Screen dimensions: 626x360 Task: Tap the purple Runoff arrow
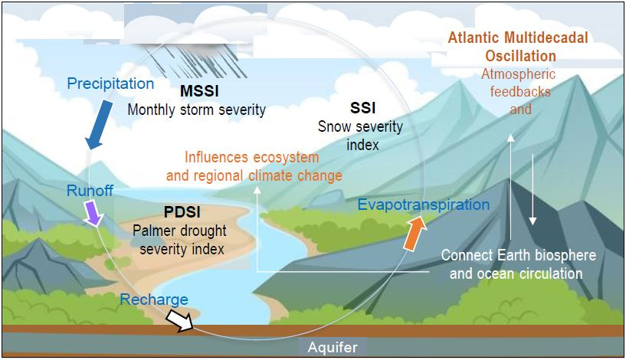pos(93,214)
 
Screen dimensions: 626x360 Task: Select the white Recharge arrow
pos(179,320)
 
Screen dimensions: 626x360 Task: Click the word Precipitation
pos(110,83)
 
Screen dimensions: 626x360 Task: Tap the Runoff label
pos(90,191)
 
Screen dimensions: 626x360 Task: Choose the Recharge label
pos(154,299)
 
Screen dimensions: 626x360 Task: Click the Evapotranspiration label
pos(424,205)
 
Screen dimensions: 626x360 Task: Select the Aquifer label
pos(333,347)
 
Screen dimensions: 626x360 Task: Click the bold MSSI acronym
pos(199,91)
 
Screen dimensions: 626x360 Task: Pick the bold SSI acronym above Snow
pos(363,108)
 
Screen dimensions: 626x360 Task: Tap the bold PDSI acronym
pos(182,212)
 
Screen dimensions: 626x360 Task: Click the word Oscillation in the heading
pos(520,56)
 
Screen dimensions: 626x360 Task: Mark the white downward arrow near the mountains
pos(533,188)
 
